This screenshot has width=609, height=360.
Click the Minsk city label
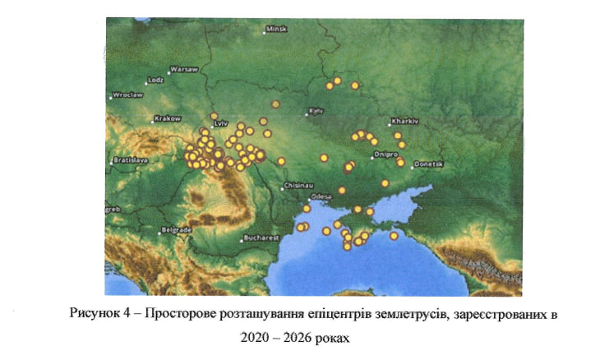(x=278, y=30)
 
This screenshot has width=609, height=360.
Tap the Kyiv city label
(x=316, y=110)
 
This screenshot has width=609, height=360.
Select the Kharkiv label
(x=406, y=121)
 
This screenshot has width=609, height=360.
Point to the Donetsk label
(x=429, y=164)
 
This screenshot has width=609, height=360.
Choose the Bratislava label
(x=130, y=159)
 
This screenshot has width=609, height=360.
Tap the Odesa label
(x=321, y=197)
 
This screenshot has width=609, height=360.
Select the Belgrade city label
(x=177, y=229)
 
